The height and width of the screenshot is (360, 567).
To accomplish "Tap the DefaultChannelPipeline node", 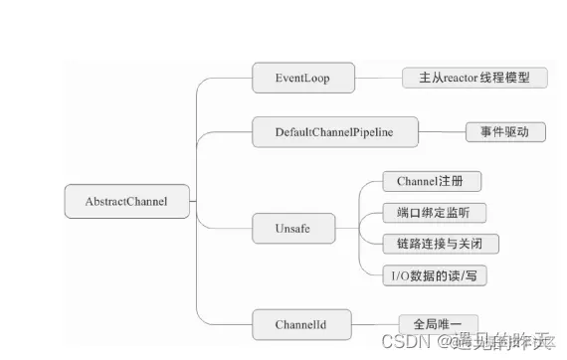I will [x=333, y=131].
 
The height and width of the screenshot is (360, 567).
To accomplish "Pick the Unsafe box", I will [x=291, y=229].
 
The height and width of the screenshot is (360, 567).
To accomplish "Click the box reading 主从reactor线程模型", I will [x=474, y=78].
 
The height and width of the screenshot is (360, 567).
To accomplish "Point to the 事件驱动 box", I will [x=505, y=131].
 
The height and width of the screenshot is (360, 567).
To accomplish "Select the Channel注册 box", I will [x=432, y=182].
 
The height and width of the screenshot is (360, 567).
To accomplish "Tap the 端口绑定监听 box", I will [x=435, y=212].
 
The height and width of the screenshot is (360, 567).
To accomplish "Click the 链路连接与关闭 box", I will [x=440, y=244].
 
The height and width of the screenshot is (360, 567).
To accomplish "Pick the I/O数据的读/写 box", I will [x=435, y=274].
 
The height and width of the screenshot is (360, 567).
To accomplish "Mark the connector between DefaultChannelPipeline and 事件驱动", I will [x=442, y=131].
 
